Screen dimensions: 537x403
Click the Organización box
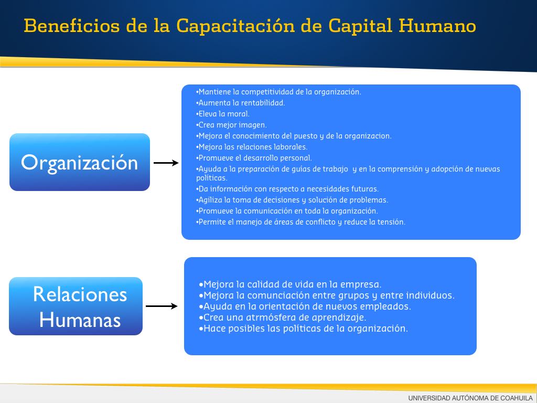[80, 162]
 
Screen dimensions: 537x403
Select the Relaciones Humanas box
[76, 306]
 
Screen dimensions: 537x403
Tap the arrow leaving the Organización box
[166, 163]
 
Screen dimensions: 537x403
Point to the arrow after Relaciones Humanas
[162, 306]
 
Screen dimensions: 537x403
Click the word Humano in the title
[437, 26]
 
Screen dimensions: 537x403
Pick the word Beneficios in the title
[72, 26]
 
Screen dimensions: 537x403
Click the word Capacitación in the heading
[235, 26]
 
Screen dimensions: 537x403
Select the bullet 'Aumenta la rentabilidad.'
[240, 103]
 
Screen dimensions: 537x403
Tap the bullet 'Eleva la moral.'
[222, 114]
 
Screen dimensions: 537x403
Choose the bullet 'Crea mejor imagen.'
[231, 125]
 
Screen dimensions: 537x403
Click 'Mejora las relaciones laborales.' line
[252, 147]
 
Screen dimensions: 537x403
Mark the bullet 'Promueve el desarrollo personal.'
[254, 158]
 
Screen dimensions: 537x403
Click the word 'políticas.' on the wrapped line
[212, 178]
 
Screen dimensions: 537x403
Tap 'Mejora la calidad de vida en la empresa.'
[289, 284]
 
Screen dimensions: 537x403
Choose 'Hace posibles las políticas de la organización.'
[303, 328]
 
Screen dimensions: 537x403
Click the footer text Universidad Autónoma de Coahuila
[470, 398]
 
